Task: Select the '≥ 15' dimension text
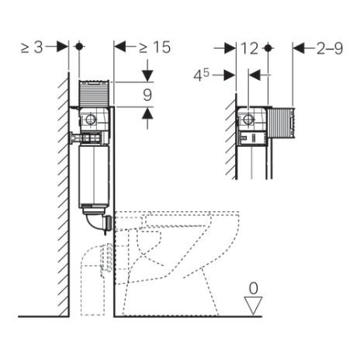click(154, 47)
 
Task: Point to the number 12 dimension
click(250, 48)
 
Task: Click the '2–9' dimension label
click(328, 48)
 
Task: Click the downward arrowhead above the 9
click(147, 76)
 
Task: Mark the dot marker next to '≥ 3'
click(80, 47)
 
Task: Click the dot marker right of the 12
click(268, 48)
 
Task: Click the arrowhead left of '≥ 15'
click(119, 47)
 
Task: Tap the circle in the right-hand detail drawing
click(249, 120)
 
